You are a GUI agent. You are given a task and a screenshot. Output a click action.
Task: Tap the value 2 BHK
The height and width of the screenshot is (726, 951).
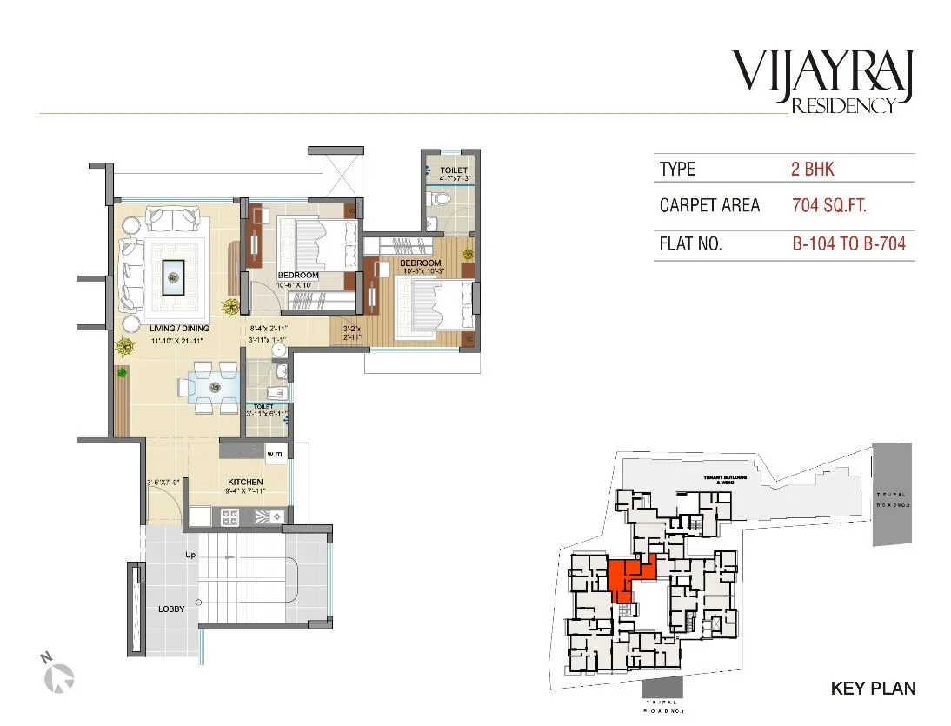pos(812,169)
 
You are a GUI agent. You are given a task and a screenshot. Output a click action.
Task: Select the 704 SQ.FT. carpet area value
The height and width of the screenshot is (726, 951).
pos(828,206)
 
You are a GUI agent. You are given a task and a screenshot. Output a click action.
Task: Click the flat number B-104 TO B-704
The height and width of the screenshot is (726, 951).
pos(848,244)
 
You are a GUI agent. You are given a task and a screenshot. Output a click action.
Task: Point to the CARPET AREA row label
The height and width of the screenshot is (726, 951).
pos(709,206)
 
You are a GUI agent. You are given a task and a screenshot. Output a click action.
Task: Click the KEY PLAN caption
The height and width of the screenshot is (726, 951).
pos(873,689)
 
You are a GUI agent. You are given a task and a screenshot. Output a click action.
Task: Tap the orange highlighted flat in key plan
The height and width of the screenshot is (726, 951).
pos(625,576)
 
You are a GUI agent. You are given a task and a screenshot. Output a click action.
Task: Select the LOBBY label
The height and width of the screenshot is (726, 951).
pos(171,609)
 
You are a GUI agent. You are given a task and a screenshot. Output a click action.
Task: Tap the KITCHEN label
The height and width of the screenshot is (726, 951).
pos(245,482)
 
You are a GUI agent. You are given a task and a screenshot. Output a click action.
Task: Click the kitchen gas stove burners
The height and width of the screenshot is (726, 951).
pos(232,516)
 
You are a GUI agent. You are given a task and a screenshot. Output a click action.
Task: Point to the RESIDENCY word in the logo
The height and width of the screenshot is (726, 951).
pos(842,107)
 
